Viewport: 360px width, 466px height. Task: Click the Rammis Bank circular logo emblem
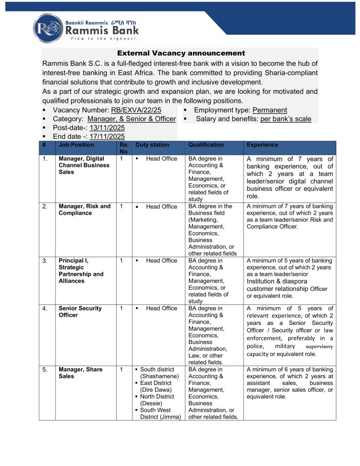(48, 28)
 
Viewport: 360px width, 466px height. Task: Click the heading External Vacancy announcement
(181, 53)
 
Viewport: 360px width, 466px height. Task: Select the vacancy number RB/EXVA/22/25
(136, 110)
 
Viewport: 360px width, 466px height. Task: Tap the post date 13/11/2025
(107, 128)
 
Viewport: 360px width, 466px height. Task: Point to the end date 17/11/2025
(107, 137)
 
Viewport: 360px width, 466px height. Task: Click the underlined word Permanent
(270, 110)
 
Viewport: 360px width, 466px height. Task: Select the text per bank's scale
(286, 119)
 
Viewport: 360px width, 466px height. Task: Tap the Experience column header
(262, 145)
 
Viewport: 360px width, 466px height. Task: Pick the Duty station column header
(152, 145)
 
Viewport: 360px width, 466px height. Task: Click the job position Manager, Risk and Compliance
(85, 210)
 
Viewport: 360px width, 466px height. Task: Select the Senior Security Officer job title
(81, 312)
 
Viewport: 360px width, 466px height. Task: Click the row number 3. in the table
(45, 261)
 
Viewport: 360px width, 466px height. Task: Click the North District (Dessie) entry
(157, 400)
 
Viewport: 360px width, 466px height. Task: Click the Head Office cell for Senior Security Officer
(162, 309)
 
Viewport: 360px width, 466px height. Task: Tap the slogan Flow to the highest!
(97, 39)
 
